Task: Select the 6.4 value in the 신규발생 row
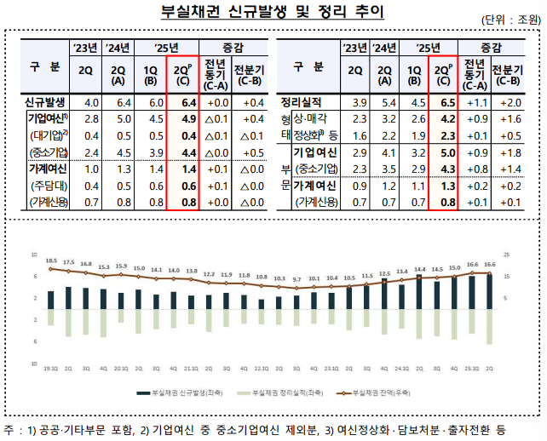(190, 102)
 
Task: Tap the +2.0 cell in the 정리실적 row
(509, 102)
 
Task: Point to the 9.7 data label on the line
(296, 279)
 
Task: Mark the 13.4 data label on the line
(401, 272)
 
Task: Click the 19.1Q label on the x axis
(50, 369)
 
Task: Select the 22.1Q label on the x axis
(261, 369)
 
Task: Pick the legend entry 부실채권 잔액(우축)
(380, 394)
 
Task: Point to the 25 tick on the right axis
(507, 255)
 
